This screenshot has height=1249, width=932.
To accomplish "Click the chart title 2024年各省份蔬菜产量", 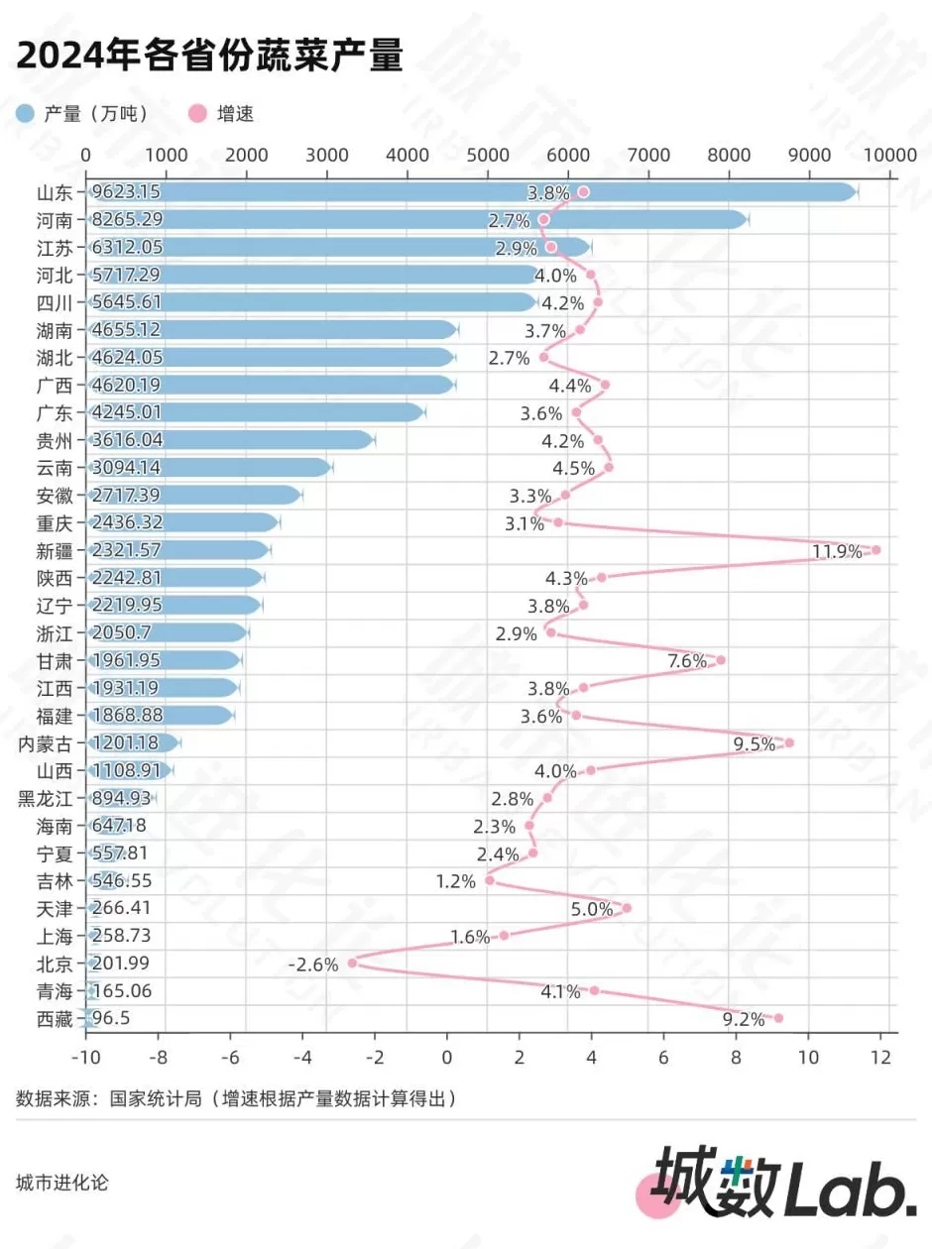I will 209,56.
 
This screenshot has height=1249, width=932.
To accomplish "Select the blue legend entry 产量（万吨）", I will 83,114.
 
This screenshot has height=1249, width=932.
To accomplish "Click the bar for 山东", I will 471,192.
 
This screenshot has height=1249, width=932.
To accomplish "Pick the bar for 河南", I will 416,220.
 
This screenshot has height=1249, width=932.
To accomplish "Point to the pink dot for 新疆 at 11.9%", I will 875,550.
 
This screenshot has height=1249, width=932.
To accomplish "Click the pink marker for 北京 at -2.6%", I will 352,963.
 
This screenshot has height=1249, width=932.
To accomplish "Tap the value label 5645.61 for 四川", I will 126,302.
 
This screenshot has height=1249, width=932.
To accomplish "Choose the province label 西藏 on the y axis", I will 55,1018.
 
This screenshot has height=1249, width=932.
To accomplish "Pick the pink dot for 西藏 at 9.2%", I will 778,1018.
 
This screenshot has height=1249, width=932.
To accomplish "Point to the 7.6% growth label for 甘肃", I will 687,661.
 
